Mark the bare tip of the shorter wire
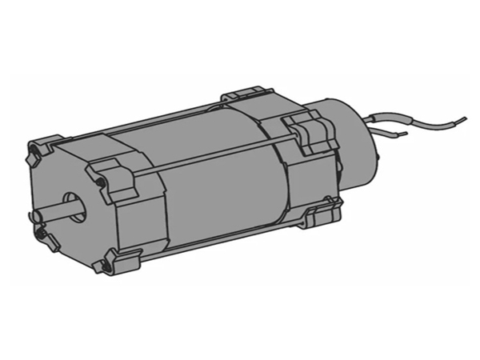404,134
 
